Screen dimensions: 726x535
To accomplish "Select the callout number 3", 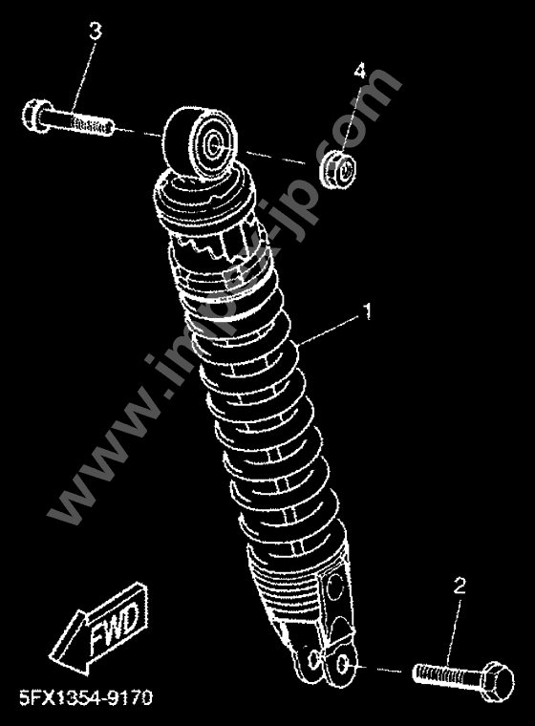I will pyautogui.click(x=95, y=32).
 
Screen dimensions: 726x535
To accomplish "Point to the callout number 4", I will pyautogui.click(x=360, y=72).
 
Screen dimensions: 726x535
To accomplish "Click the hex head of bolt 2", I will pyautogui.click(x=496, y=679).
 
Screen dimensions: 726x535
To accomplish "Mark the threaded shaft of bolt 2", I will pyautogui.click(x=444, y=674).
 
